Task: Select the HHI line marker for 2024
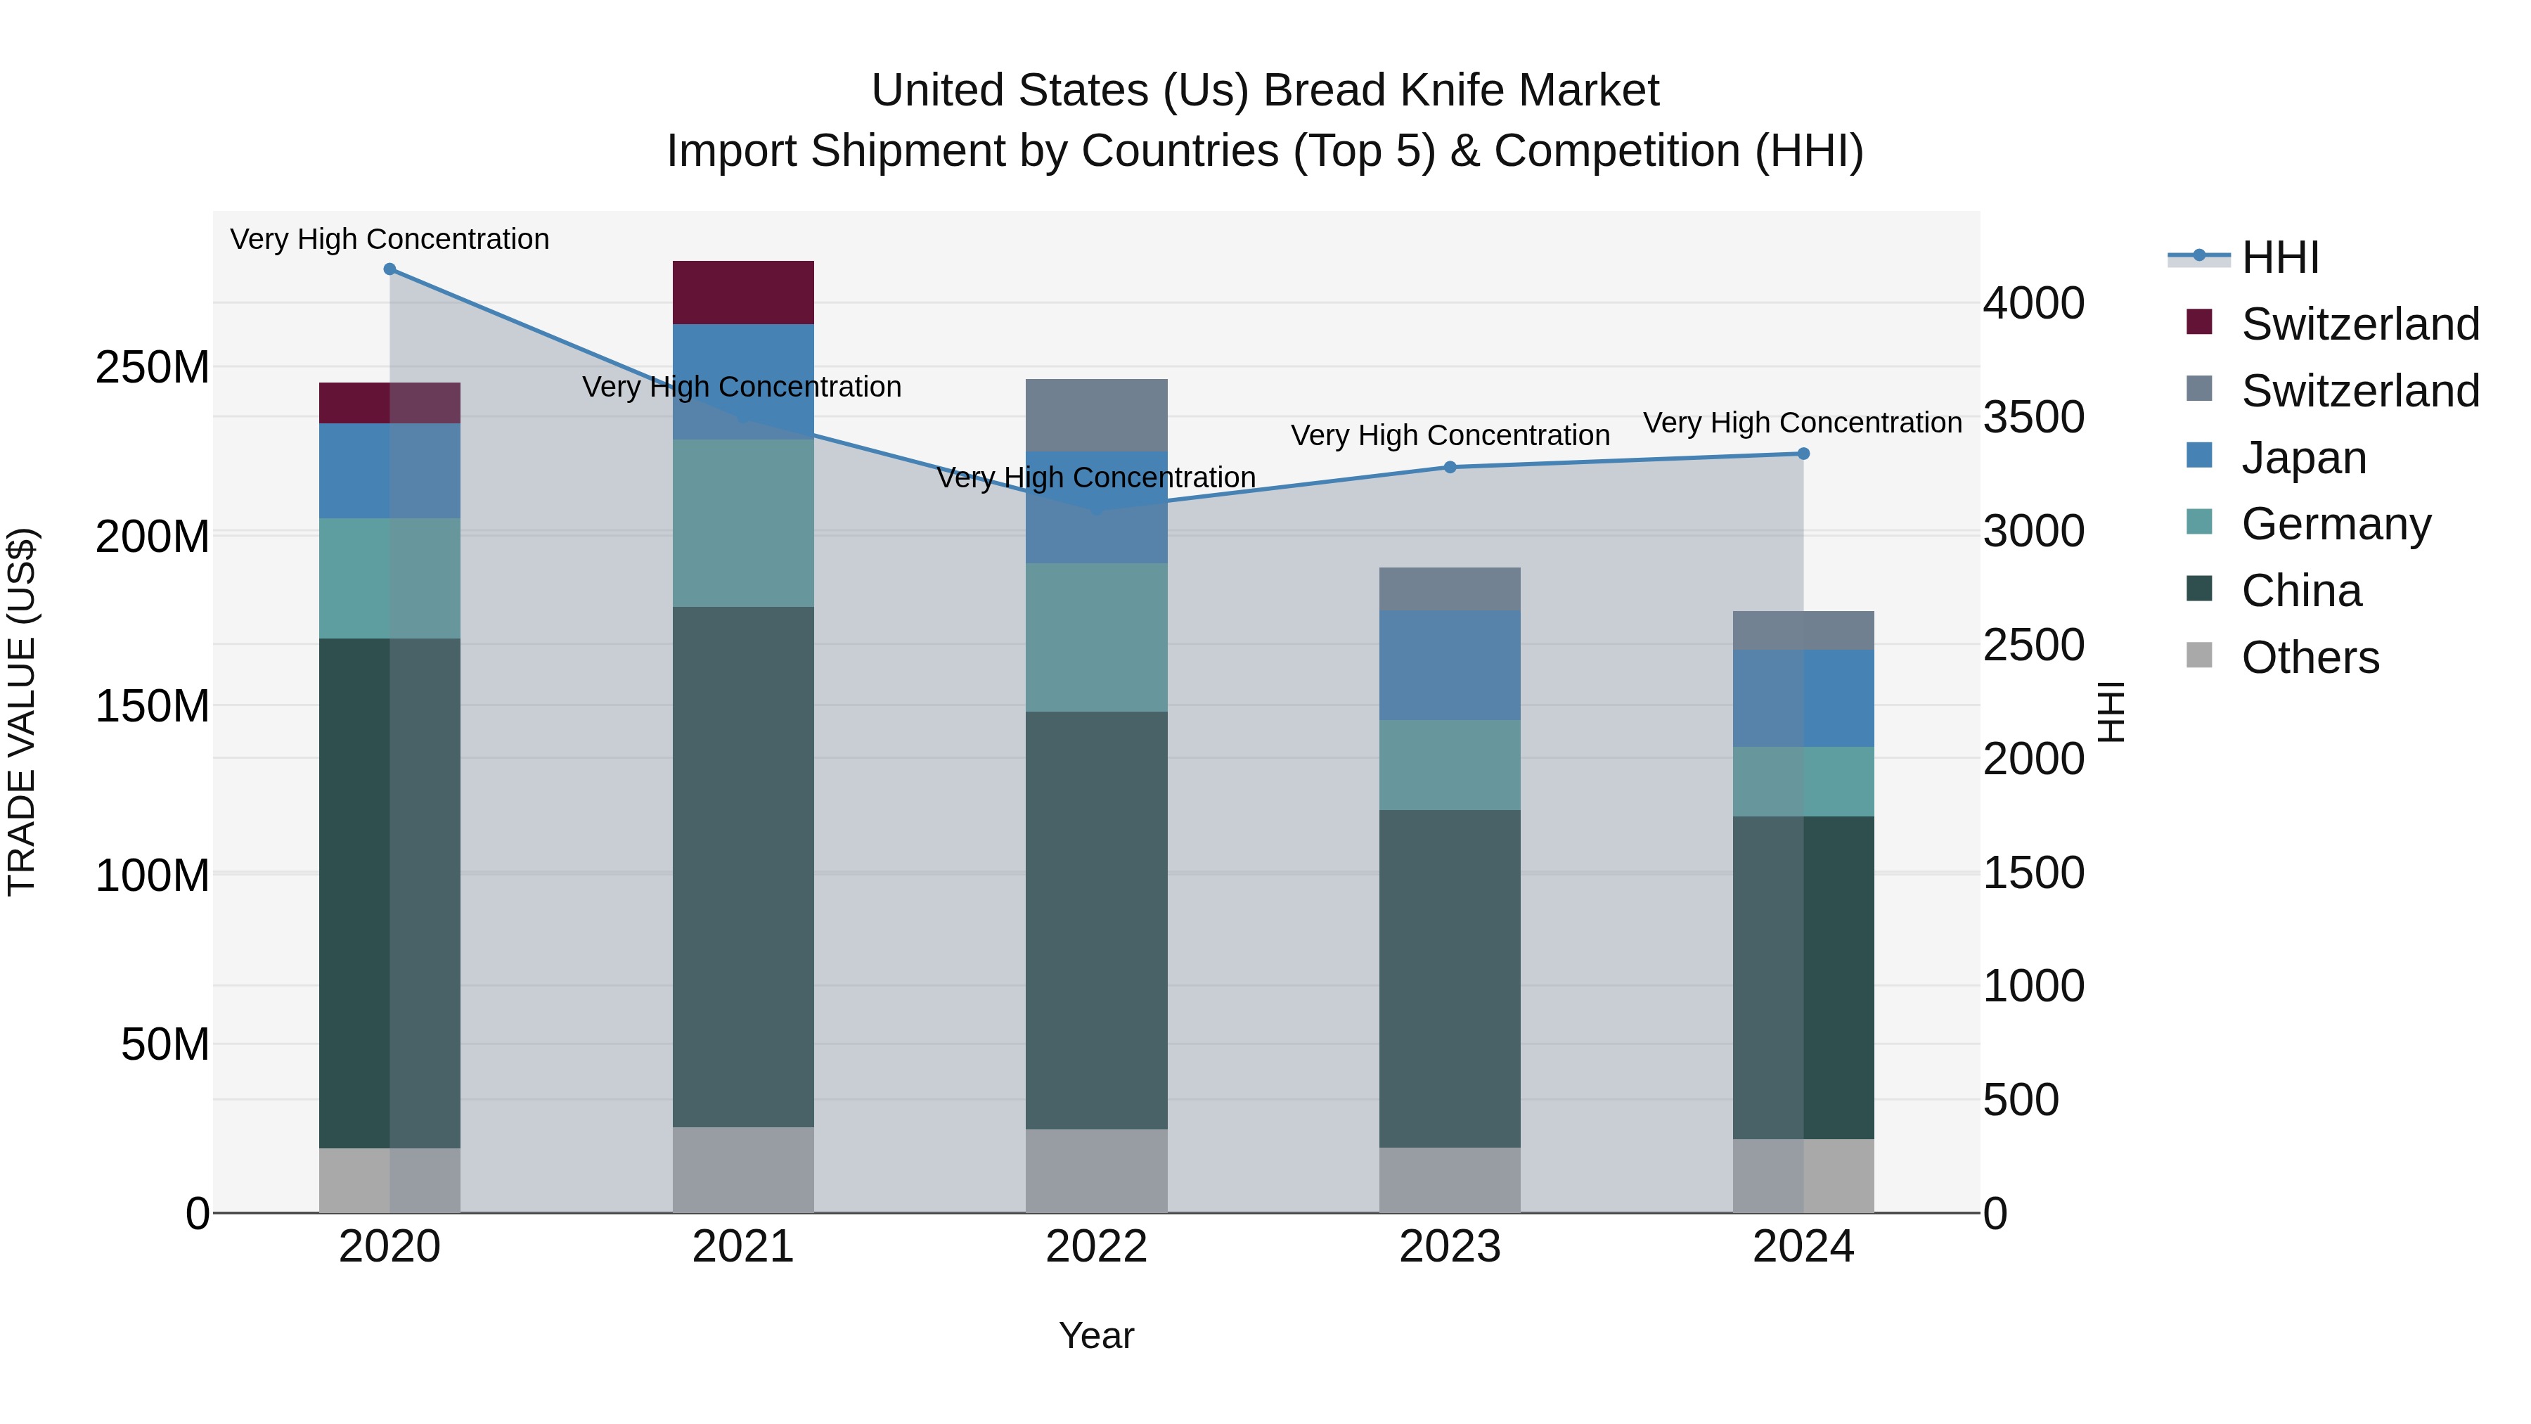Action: point(1803,454)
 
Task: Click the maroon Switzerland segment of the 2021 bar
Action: point(743,292)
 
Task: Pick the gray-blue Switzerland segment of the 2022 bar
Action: point(1097,415)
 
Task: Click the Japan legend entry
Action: point(2303,458)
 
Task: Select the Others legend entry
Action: point(2309,658)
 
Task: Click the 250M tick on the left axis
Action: point(153,368)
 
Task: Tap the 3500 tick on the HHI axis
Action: point(2033,417)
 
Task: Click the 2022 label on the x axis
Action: point(1097,1247)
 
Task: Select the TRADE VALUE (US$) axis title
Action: point(22,712)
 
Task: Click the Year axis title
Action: point(1097,1335)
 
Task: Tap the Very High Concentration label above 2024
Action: point(1802,423)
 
